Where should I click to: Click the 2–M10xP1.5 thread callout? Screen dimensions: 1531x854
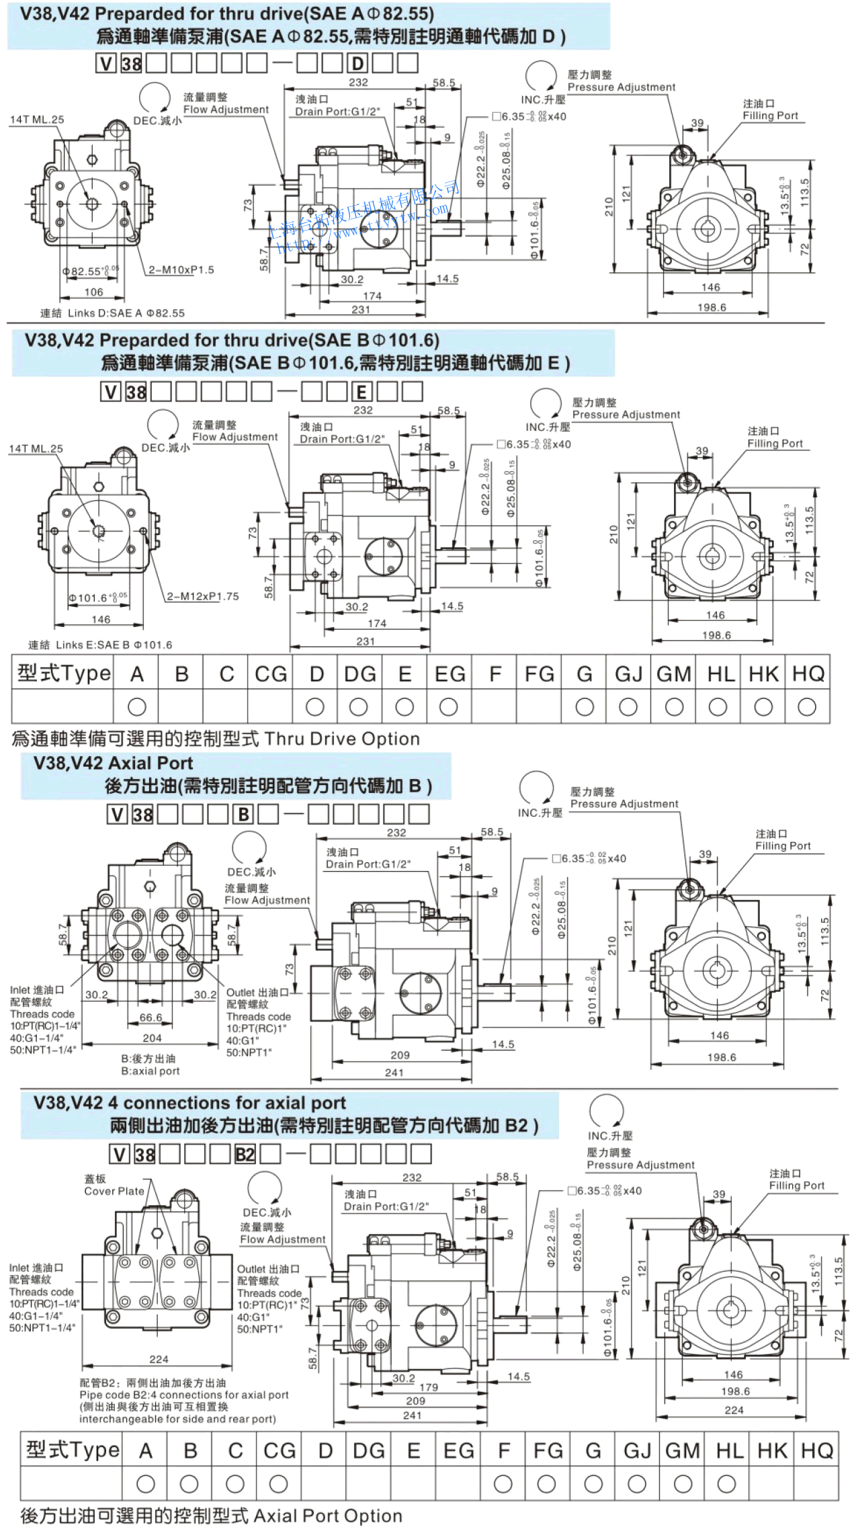pos(181,270)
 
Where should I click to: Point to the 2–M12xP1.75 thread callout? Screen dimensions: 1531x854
pos(203,596)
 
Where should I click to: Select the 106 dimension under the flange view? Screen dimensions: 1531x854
pos(93,292)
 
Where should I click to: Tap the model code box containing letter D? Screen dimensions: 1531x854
pos(357,64)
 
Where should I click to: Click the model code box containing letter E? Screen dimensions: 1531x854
pos(361,392)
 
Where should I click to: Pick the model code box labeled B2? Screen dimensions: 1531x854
pos(245,1155)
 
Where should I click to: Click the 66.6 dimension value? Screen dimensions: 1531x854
pos(151,1018)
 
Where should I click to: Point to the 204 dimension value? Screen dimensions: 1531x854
pos(152,1038)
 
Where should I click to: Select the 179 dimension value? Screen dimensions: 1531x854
pos(429,1387)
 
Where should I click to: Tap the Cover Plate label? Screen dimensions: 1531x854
pos(114,1191)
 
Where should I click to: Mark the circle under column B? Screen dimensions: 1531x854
pos(189,1483)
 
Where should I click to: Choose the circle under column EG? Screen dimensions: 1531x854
pos(448,706)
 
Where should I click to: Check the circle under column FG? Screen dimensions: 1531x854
pos(547,1483)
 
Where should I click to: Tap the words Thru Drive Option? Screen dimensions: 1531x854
pos(342,739)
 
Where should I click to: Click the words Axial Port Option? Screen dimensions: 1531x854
pos(328,1516)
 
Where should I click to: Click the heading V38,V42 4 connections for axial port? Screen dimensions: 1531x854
pos(190,1103)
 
